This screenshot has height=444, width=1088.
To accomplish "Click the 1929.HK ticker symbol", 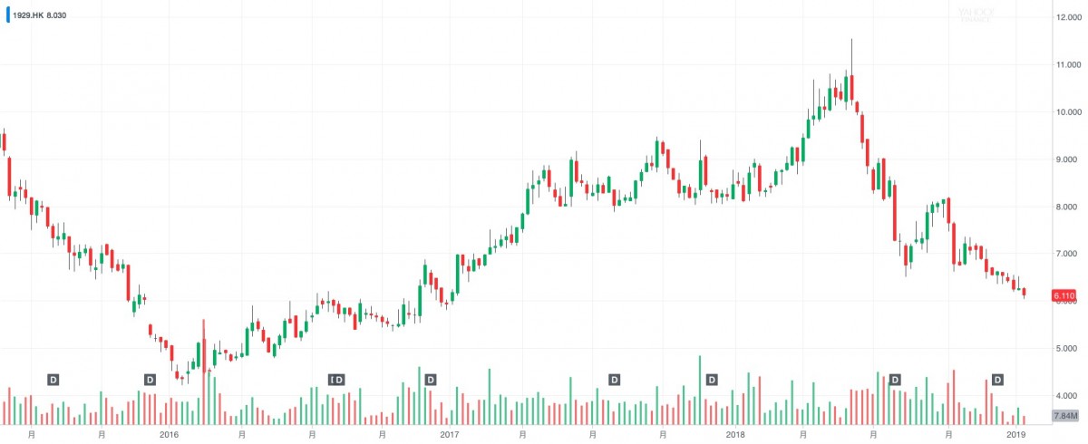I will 26,15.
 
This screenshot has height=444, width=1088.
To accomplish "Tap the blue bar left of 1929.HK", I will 8,15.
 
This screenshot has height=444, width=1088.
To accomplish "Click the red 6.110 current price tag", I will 1064,295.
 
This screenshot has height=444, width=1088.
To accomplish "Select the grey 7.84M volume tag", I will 1064,416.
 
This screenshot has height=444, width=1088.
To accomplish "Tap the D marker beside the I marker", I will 340,379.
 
